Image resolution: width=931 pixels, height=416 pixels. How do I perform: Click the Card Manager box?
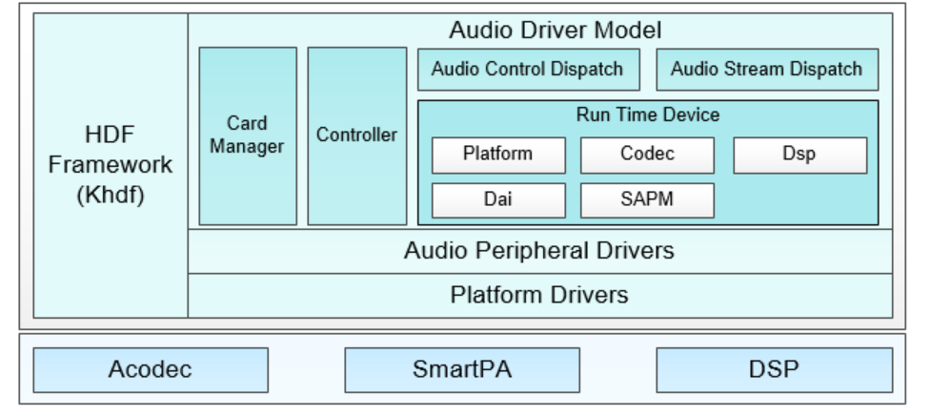point(248,136)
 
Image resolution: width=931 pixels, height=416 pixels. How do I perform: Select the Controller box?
point(356,136)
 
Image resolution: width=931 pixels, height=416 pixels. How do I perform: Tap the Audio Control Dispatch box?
point(529,70)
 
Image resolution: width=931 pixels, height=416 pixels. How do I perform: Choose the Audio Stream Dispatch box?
point(767,70)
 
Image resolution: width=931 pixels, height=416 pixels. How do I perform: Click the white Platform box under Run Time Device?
point(498,156)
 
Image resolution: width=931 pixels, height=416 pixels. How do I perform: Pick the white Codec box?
point(647,156)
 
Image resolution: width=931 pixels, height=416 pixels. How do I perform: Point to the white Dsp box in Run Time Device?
point(800,156)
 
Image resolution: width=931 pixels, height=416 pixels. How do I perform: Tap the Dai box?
point(498,200)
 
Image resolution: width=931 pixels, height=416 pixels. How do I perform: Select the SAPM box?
point(647,200)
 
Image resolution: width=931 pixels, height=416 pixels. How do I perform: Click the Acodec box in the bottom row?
point(151,369)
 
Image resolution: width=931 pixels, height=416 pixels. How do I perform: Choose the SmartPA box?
point(462,369)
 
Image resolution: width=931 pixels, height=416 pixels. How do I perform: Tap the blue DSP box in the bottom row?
point(775,369)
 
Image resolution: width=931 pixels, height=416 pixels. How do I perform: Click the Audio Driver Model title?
point(556,30)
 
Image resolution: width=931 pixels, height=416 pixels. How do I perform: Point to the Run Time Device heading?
point(648,114)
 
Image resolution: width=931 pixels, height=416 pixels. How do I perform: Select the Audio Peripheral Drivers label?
point(539,250)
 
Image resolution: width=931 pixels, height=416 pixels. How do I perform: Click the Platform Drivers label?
point(539,295)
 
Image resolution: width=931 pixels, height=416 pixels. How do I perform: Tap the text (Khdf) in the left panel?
point(111,195)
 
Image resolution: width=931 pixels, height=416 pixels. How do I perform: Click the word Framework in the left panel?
point(111,165)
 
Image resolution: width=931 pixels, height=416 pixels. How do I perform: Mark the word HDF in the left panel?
point(110,135)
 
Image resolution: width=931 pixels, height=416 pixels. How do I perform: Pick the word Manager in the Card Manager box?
point(247,147)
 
